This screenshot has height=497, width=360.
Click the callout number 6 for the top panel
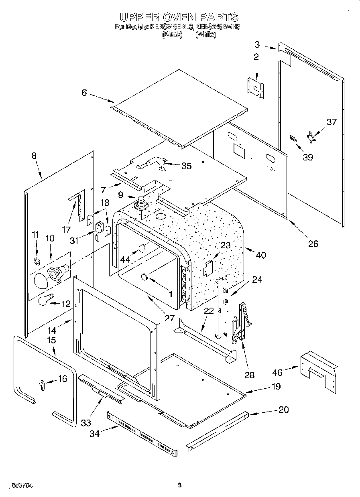point(84,93)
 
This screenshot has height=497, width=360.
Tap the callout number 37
point(332,122)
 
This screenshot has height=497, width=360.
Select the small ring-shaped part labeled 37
point(312,138)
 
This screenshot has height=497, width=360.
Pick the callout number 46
point(277,372)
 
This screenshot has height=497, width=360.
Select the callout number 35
point(187,166)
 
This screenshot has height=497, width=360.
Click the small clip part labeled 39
point(293,138)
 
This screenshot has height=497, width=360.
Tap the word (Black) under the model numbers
point(172,35)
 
